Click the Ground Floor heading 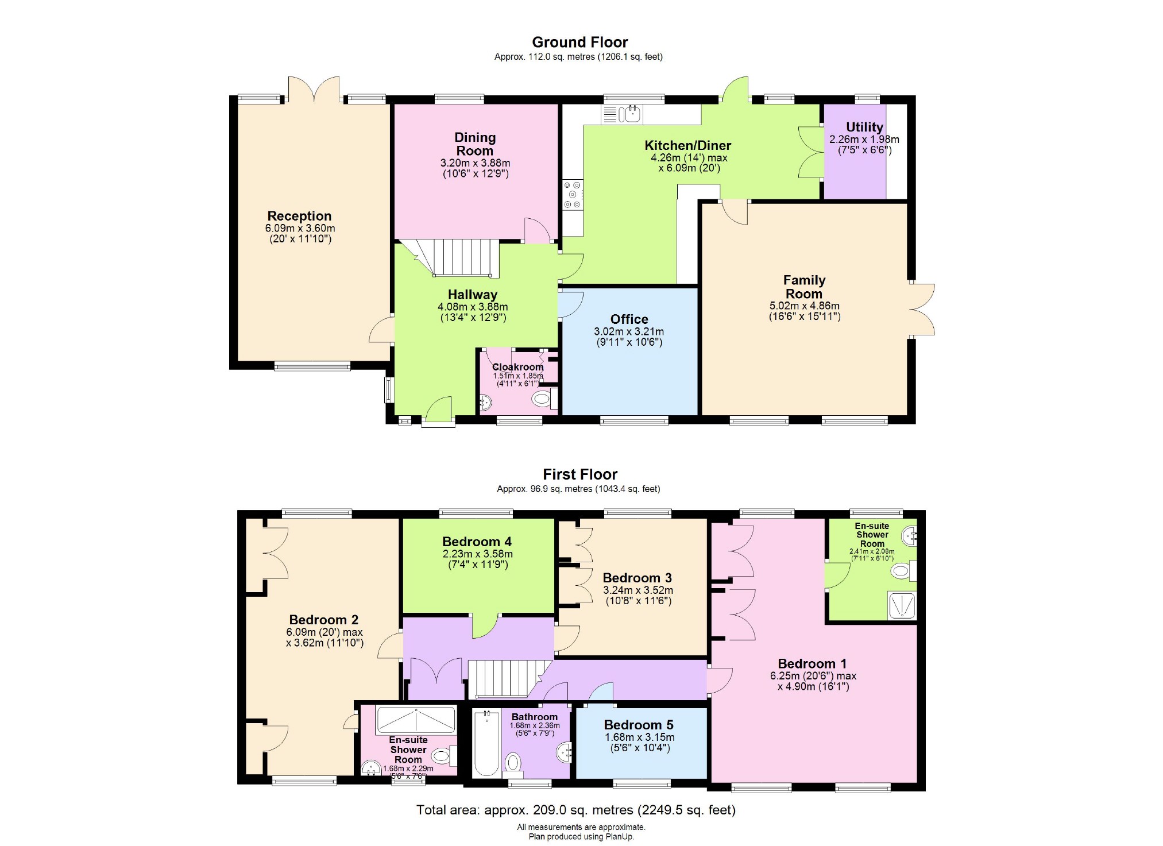[x=579, y=42]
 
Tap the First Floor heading [x=580, y=474]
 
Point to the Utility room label [x=864, y=127]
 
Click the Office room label [x=629, y=319]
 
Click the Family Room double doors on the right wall [x=922, y=309]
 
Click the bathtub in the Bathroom [x=486, y=743]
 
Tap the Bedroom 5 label [x=639, y=725]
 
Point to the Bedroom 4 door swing [x=485, y=626]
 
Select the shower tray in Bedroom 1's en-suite [x=902, y=605]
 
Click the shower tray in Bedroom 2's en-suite [x=415, y=720]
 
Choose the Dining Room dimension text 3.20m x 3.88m [x=475, y=163]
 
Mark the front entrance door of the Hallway [x=438, y=412]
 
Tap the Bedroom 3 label [x=637, y=578]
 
